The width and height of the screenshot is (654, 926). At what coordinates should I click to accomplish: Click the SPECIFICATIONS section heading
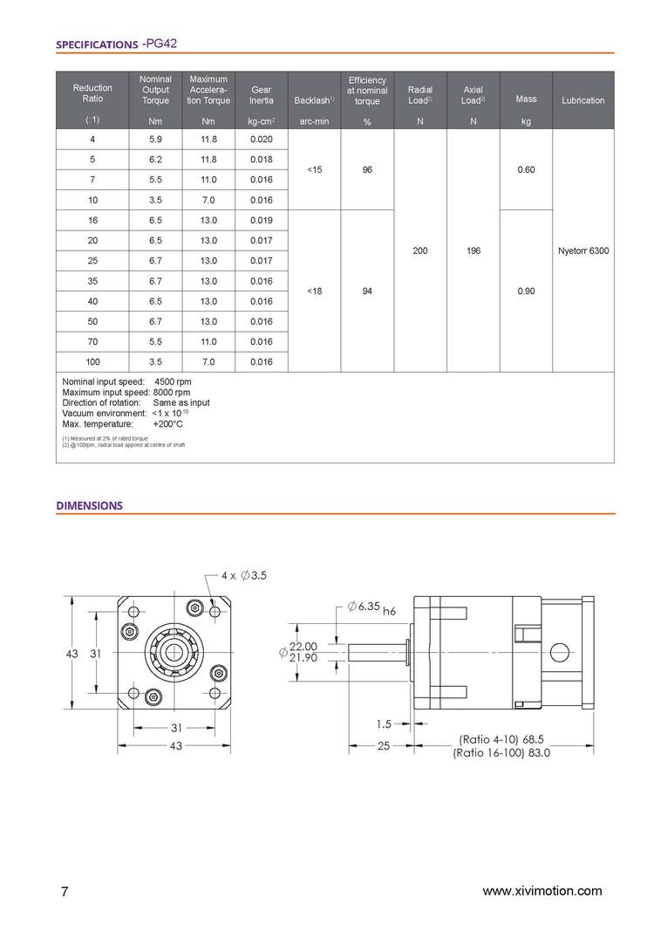point(95,44)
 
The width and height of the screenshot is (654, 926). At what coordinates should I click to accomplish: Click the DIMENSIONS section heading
point(89,505)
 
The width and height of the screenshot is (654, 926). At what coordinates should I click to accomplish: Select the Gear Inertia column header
point(261,94)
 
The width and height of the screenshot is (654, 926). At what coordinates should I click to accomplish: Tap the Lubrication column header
point(582,100)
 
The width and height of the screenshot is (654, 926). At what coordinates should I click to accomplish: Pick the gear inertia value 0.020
point(261,140)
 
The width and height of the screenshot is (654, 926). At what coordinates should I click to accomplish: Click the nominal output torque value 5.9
point(156,140)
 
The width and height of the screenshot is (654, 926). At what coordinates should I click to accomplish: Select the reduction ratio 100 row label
point(92,361)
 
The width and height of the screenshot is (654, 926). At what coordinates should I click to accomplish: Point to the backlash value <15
point(315,169)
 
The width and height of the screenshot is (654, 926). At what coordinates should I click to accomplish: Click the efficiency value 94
point(367,292)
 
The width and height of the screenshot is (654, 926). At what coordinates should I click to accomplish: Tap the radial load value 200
point(420,250)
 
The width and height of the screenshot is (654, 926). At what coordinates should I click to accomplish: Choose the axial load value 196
point(473,250)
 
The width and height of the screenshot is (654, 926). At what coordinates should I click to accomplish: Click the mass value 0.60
point(526,169)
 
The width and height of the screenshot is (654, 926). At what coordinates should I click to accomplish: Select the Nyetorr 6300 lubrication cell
point(582,250)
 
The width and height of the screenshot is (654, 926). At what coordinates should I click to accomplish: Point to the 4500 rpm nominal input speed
point(173,382)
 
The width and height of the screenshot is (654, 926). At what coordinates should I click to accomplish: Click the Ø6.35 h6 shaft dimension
point(371,607)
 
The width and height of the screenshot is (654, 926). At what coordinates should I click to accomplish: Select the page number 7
point(65,892)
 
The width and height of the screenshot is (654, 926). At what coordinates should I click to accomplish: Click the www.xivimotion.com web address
point(542,891)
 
